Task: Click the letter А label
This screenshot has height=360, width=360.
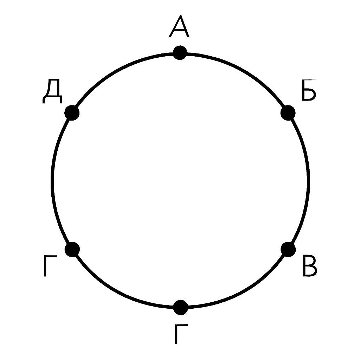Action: coord(179,26)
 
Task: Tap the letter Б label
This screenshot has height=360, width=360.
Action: coord(309,90)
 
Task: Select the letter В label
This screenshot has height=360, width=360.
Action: coord(310,265)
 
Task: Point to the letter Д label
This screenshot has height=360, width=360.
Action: coord(52,91)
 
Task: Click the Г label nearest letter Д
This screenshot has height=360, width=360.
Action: coord(50,266)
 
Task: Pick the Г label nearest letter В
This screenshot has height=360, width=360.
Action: coord(181,334)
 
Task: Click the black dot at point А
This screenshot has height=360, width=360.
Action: coord(180,53)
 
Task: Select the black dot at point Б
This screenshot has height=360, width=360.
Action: coord(288,113)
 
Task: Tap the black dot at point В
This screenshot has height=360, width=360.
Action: coord(288,250)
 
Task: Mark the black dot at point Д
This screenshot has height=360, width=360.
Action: coord(72,113)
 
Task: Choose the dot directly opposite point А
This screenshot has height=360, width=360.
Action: coord(181,307)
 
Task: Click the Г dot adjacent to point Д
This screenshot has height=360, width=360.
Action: coord(72,249)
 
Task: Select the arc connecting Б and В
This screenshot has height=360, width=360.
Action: coord(308,181)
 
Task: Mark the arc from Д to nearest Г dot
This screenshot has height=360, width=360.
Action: coord(52,181)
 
